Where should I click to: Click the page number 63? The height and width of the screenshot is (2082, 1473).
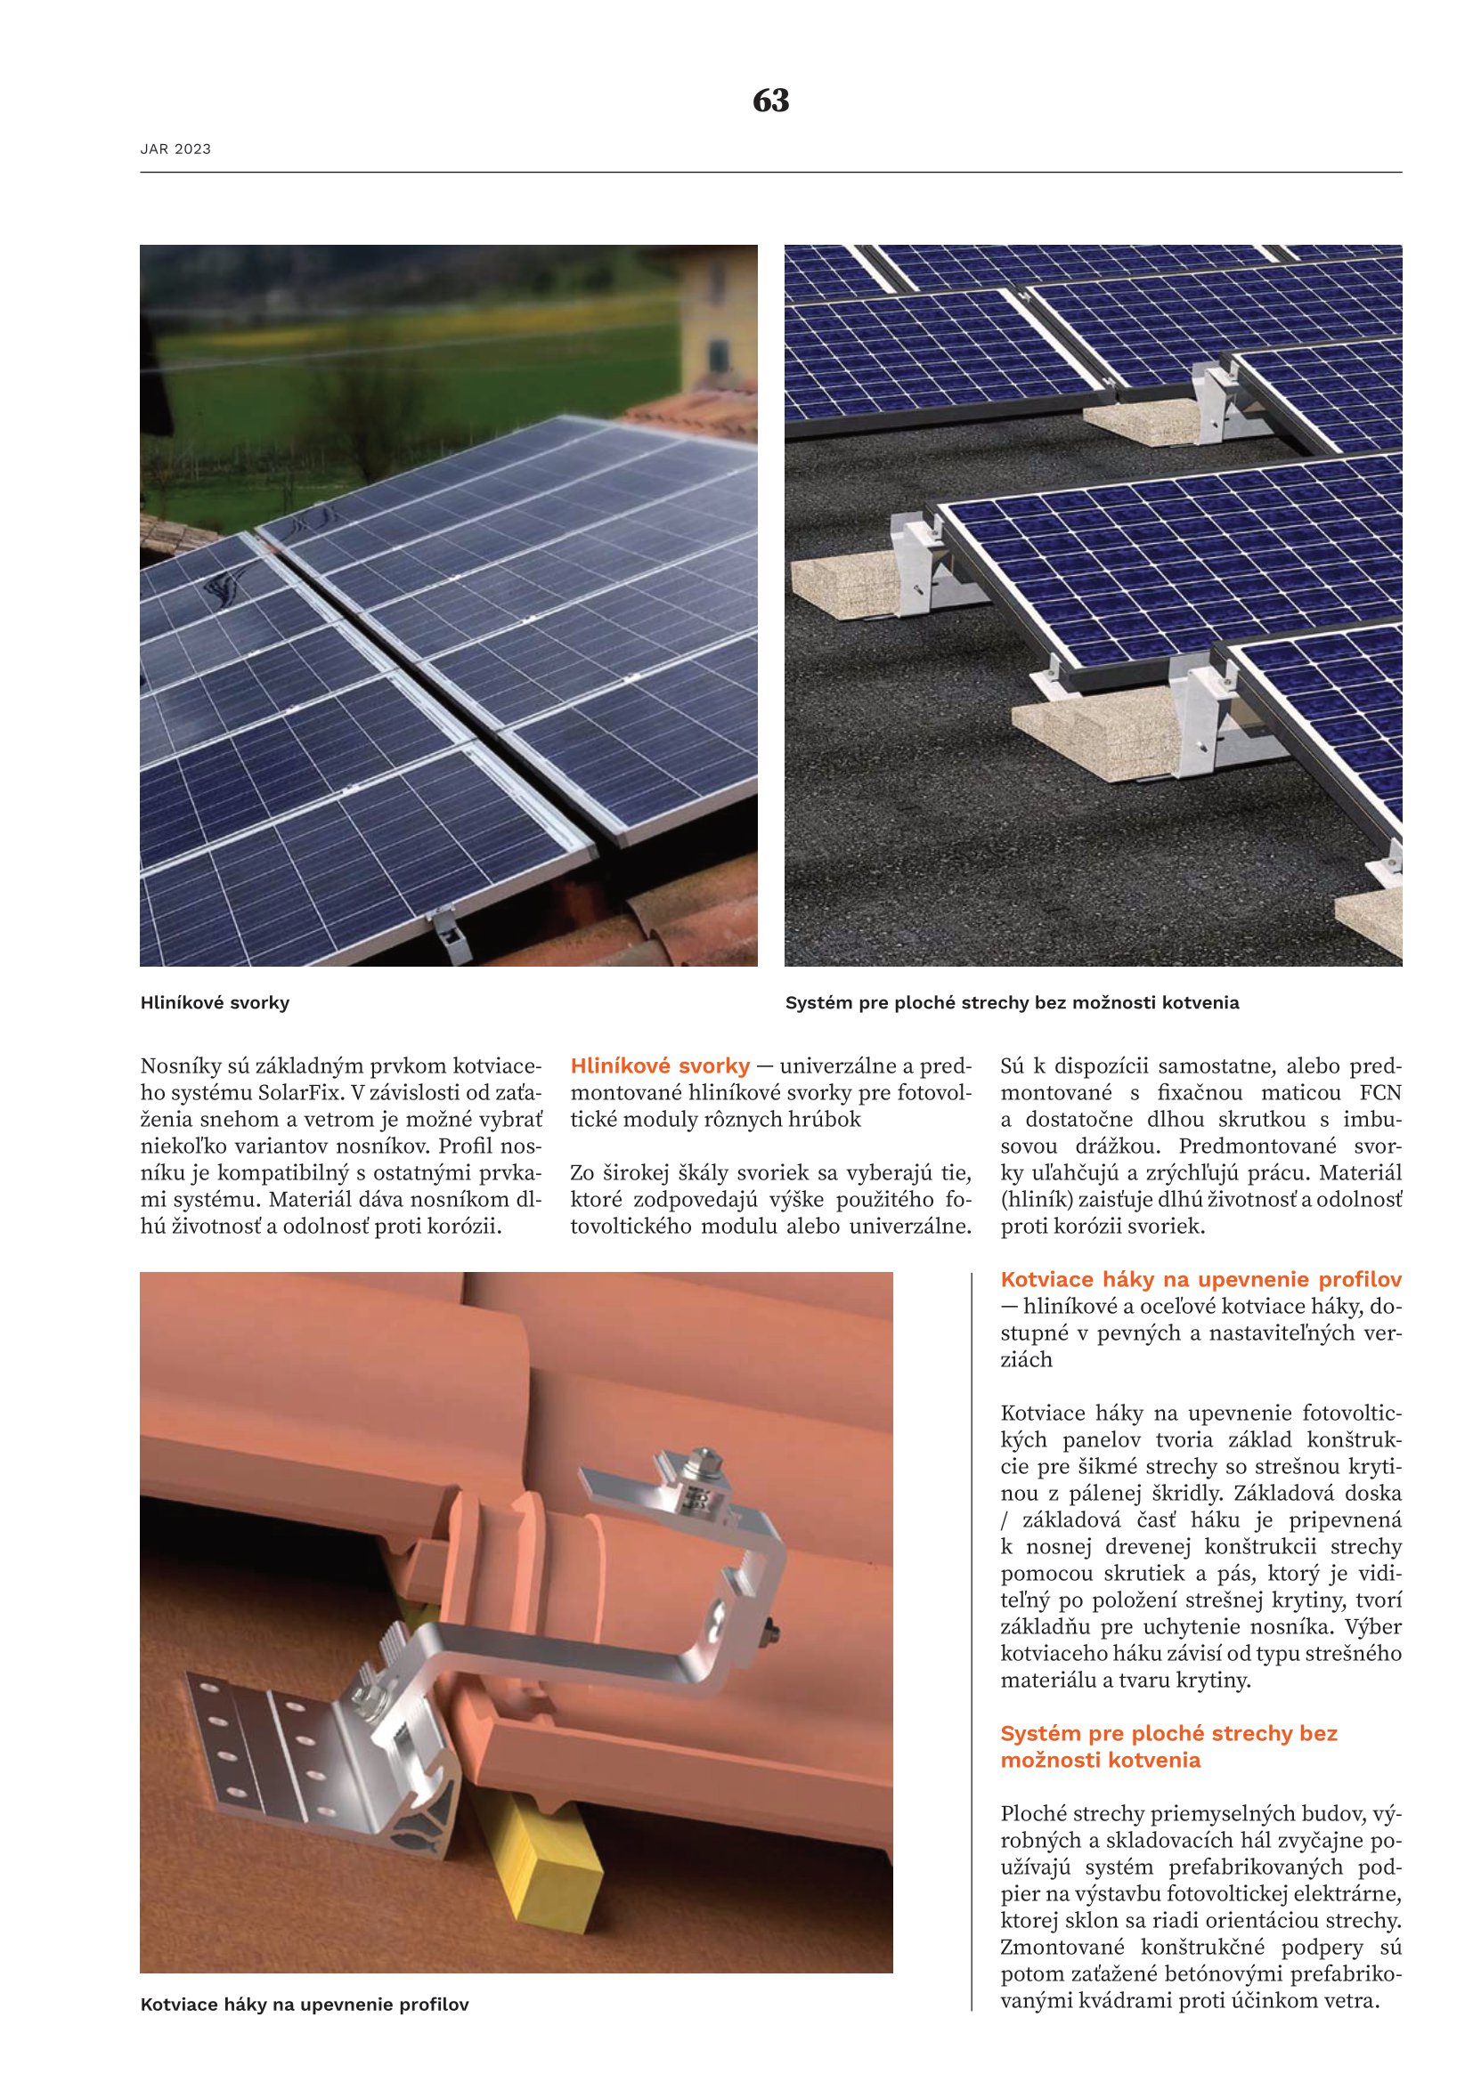click(x=771, y=101)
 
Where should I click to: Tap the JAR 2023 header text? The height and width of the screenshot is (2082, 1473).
click(x=175, y=150)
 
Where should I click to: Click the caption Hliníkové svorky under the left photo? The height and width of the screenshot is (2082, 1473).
click(x=214, y=1003)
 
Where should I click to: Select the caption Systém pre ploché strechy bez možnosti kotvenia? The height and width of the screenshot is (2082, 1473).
click(x=1012, y=1003)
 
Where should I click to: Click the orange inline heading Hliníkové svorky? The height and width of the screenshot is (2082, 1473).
click(x=659, y=1065)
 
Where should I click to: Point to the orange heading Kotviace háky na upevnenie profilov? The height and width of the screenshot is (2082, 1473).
click(x=1200, y=1279)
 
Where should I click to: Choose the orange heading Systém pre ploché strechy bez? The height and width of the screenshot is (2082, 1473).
click(x=1168, y=1733)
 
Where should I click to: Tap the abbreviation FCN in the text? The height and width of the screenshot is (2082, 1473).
click(x=1380, y=1093)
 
